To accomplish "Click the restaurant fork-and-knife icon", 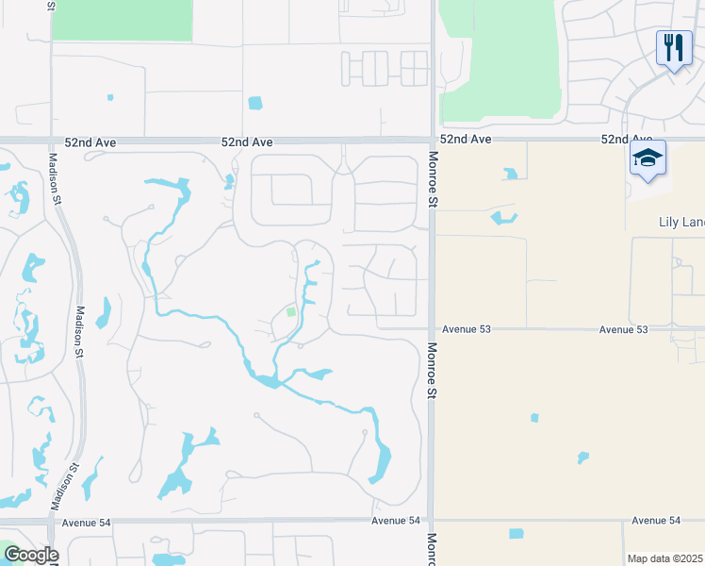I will (673, 47).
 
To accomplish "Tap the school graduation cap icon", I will (648, 158).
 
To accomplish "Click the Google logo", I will (30, 555).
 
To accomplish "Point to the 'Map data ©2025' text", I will (664, 558).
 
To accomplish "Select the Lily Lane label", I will (680, 223).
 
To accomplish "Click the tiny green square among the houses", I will (291, 311).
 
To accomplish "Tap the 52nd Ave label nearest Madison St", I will (91, 141).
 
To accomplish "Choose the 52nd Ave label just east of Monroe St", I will (467, 139).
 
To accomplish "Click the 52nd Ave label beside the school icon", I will (627, 139).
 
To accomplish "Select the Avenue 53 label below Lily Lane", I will (623, 329).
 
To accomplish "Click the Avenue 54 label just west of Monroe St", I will (395, 521).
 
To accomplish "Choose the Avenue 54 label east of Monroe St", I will (656, 520).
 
